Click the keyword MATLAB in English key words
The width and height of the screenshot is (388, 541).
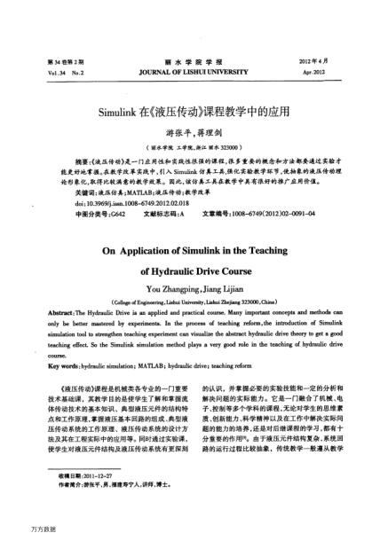(163, 341)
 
